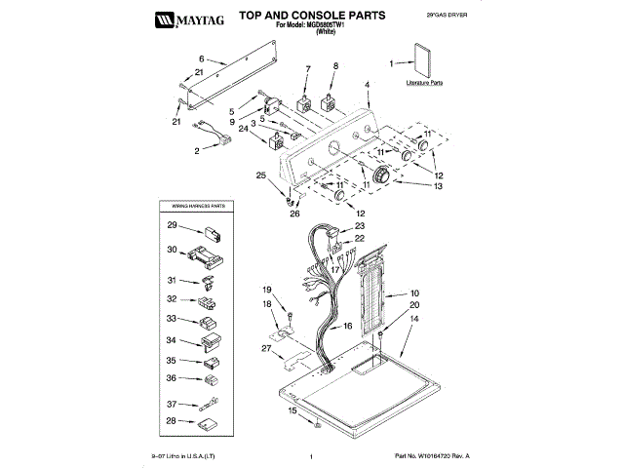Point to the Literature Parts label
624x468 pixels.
424,84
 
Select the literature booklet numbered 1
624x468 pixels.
422,61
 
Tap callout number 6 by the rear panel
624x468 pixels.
202,58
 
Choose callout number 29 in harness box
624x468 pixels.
171,226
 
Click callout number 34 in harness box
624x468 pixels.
171,340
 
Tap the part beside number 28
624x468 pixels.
209,422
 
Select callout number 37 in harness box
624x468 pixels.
171,404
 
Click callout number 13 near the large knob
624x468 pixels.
438,185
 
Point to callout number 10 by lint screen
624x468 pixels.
413,292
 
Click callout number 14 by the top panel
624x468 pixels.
413,319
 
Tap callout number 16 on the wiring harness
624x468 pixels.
347,328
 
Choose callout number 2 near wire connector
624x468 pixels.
197,151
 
